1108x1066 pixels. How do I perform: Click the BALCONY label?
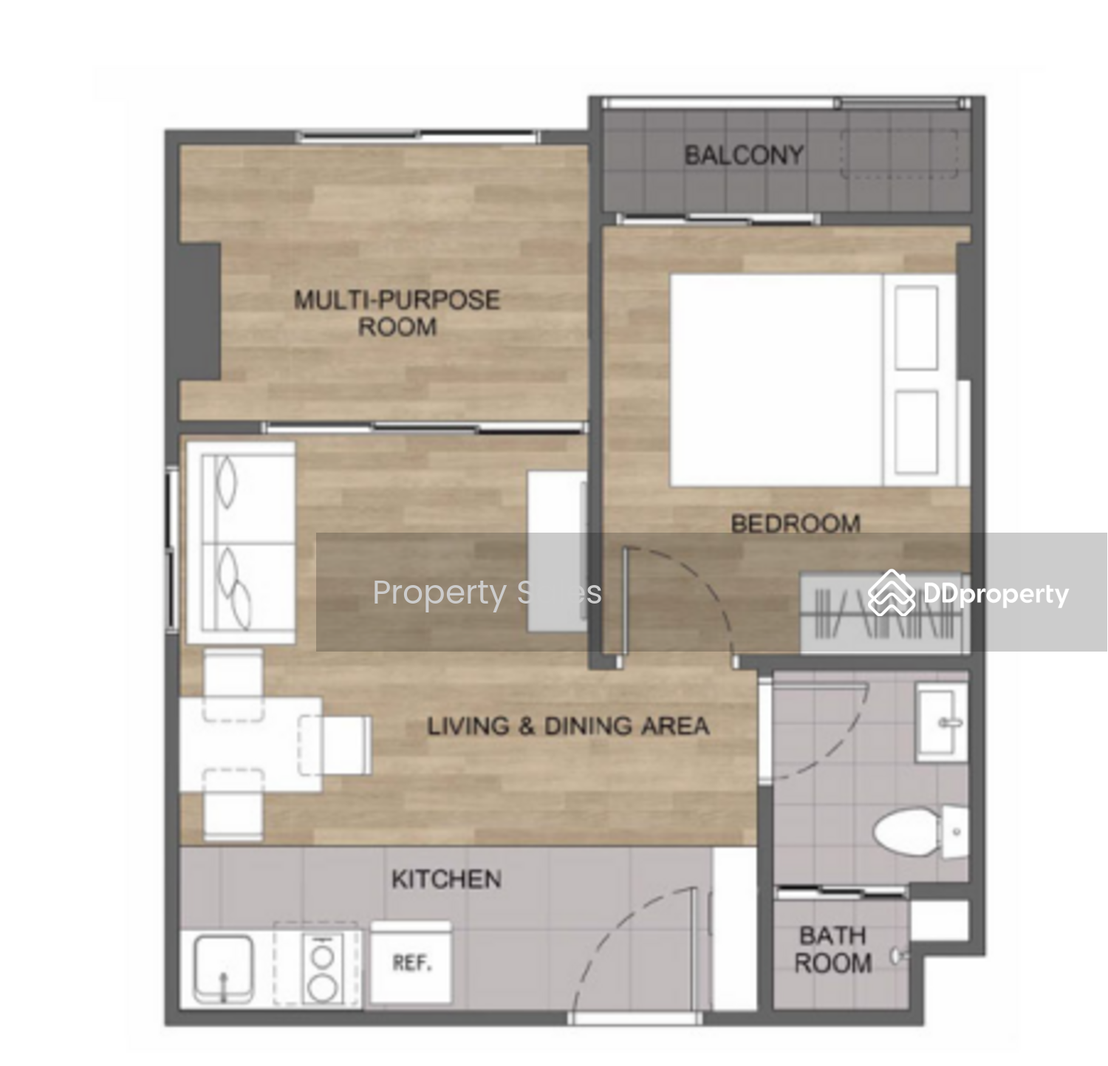click(744, 155)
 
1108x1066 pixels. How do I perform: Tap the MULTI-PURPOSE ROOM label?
click(397, 312)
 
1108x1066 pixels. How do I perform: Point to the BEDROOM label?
click(796, 524)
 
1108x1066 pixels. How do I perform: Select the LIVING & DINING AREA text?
click(568, 726)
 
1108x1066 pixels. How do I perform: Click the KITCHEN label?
click(446, 879)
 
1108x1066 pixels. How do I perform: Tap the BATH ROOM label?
click(832, 949)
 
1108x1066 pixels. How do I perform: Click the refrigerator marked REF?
click(411, 962)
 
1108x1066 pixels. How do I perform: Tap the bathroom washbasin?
click(941, 721)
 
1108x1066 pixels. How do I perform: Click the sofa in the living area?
click(240, 542)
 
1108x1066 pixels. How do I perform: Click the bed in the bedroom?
click(813, 381)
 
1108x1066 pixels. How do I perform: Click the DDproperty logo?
click(968, 593)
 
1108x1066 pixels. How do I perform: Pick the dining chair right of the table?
click(335, 745)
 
